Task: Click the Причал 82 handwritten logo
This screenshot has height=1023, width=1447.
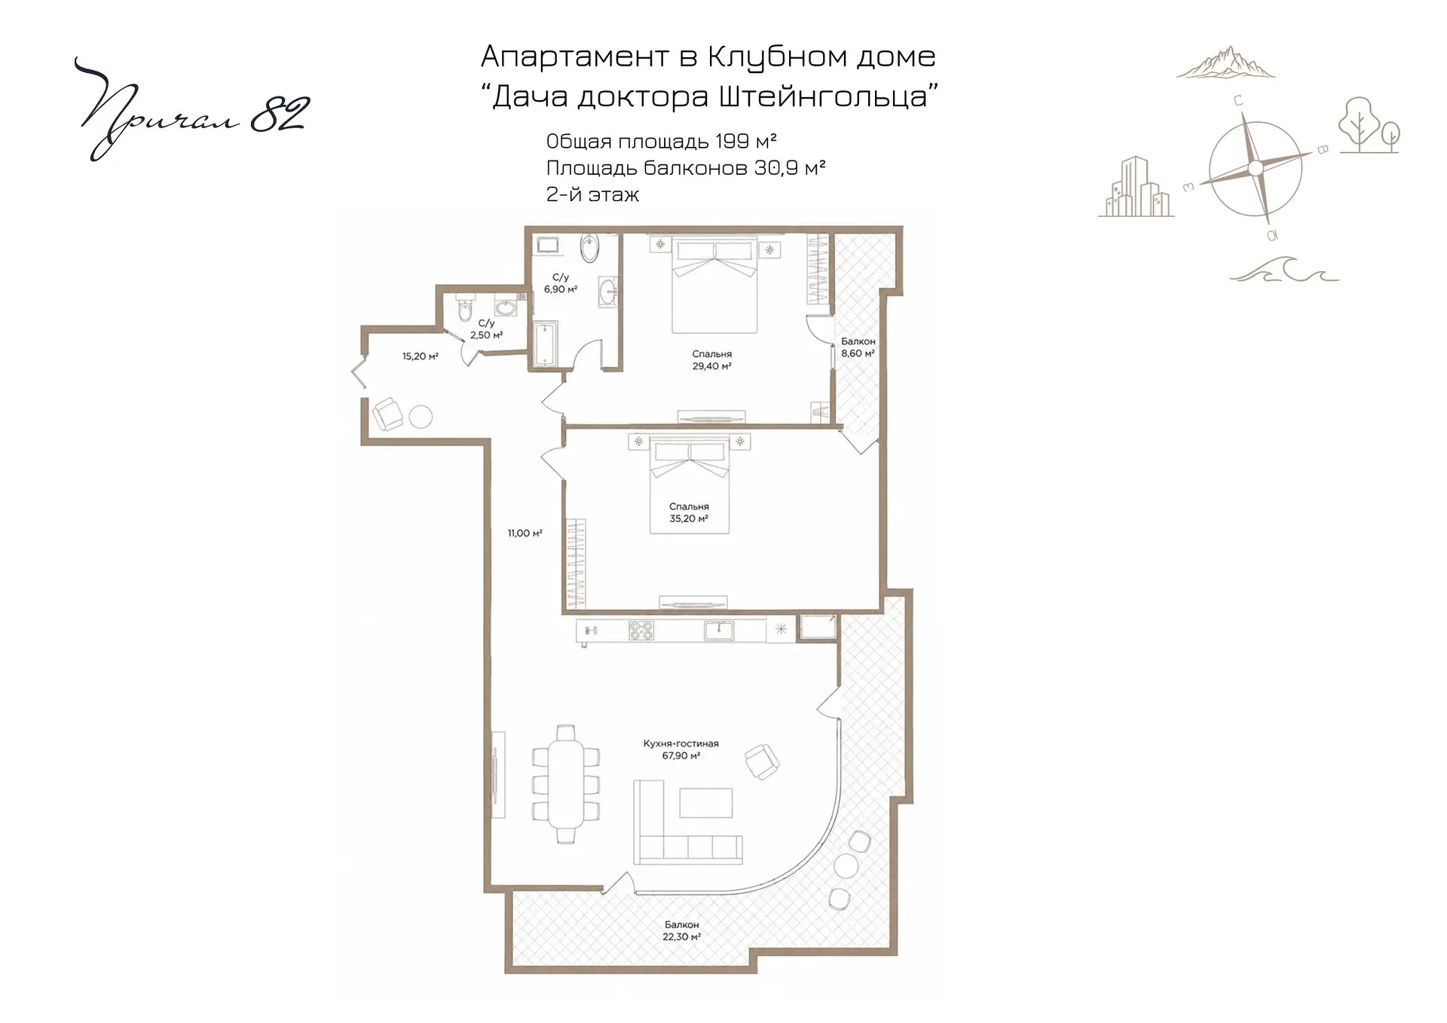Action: click(192, 109)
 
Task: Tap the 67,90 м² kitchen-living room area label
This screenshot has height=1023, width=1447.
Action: click(681, 750)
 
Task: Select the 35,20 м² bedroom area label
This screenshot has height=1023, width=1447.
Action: click(689, 513)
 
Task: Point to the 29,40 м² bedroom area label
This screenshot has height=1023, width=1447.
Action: click(711, 360)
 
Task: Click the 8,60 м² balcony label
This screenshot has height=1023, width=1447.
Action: click(858, 347)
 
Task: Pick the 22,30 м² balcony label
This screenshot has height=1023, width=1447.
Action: click(681, 931)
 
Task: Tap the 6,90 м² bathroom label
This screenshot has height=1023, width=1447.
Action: click(561, 283)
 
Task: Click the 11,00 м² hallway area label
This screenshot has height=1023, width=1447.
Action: click(525, 533)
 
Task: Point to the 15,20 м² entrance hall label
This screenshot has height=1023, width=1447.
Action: click(420, 356)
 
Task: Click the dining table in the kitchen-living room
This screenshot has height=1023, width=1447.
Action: click(565, 784)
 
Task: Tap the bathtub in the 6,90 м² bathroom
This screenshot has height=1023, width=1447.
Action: click(545, 346)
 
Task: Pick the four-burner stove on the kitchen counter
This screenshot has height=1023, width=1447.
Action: click(641, 631)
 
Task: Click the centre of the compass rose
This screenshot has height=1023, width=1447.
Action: click(1255, 168)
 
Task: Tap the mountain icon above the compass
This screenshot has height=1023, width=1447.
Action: click(1226, 63)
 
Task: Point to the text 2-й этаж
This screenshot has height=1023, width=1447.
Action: click(592, 194)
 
